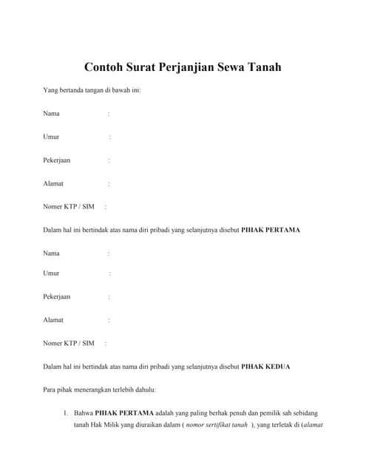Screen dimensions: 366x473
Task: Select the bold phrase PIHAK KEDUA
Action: [266, 367]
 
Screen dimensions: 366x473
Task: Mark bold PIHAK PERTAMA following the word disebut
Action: [271, 230]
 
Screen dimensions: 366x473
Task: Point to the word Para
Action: [50, 389]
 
